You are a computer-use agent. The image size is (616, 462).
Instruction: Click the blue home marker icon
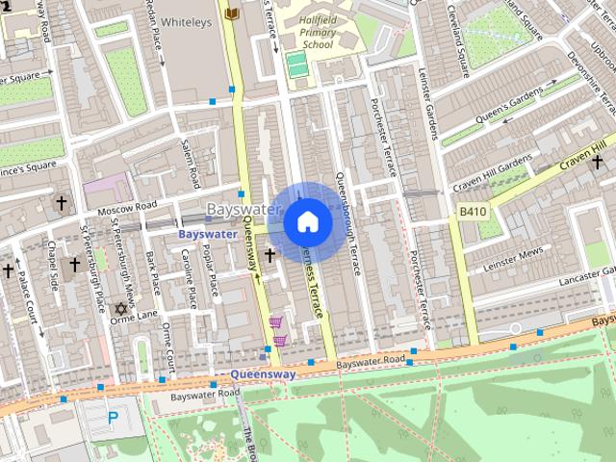point(308,222)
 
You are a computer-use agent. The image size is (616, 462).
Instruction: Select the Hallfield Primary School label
point(316,30)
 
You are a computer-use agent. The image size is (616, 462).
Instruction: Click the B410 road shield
point(472,212)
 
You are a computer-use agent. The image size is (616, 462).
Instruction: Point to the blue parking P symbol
point(113,418)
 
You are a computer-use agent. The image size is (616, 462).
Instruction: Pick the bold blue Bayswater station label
point(207,234)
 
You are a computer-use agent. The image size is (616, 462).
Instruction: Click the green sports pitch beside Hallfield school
point(296,66)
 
